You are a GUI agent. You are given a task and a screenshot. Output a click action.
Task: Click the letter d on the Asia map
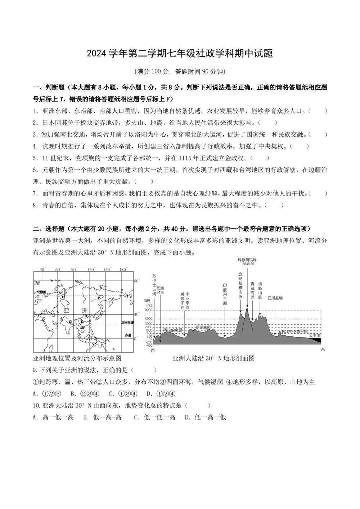pyautogui.click(x=63, y=297)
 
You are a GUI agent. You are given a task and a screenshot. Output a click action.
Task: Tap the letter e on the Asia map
pyautogui.click(x=99, y=297)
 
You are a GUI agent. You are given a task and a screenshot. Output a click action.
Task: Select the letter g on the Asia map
pyautogui.click(x=70, y=321)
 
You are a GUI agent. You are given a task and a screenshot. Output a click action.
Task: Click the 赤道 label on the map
pyautogui.click(x=128, y=335)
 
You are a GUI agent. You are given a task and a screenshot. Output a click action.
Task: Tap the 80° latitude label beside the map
pyautogui.click(x=136, y=280)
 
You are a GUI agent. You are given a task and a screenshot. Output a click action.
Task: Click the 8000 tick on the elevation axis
pyautogui.click(x=148, y=310)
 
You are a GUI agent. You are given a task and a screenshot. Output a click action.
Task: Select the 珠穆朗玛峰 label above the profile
pyautogui.click(x=247, y=260)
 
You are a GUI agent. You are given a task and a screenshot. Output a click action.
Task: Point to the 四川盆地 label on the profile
pyautogui.click(x=275, y=298)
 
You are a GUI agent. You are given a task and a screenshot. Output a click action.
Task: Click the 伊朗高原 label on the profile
pyautogui.click(x=203, y=327)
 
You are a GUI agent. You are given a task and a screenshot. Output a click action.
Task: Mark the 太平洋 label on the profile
pyautogui.click(x=314, y=335)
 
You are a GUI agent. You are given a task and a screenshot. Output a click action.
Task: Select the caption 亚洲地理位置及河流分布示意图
pyautogui.click(x=77, y=358)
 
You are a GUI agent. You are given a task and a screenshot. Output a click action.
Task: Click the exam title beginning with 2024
pyautogui.click(x=180, y=54)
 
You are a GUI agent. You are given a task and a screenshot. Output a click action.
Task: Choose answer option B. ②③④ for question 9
pyautogui.click(x=85, y=393)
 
